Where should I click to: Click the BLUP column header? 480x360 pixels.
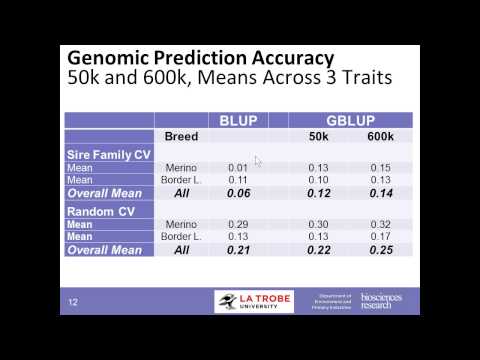point(237,121)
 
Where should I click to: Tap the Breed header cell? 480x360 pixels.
point(181,136)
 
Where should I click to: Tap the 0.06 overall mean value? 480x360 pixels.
point(237,192)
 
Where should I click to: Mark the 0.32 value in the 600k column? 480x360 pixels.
point(380,223)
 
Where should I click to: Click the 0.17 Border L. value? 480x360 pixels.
point(380,236)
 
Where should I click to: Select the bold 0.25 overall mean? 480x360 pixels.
point(380,249)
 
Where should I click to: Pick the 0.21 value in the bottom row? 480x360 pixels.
point(237,249)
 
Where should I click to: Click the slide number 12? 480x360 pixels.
point(73,302)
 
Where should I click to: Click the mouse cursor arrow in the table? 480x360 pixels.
point(258,161)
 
